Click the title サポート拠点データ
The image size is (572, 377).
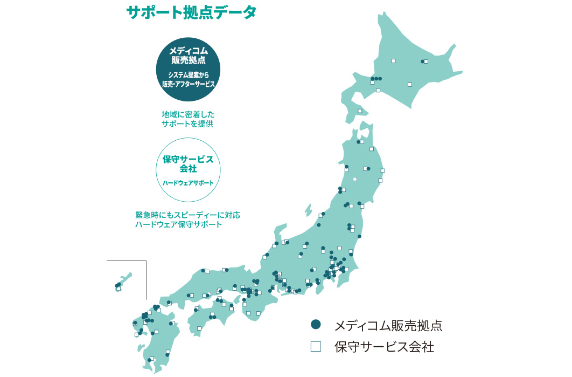(191, 12)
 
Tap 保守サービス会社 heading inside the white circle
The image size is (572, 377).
(188, 164)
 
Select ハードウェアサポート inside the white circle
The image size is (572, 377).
(188, 183)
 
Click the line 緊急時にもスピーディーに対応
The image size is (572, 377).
(188, 215)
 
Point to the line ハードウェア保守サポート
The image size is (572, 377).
(178, 224)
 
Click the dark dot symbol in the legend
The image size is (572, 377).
(316, 324)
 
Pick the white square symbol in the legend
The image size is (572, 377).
(316, 346)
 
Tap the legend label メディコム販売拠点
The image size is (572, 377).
(388, 325)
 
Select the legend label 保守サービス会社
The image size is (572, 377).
(384, 347)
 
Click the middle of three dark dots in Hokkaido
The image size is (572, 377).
(376, 79)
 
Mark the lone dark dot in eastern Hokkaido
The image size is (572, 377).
(422, 61)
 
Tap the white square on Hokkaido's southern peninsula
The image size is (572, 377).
(360, 111)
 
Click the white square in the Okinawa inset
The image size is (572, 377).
(118, 289)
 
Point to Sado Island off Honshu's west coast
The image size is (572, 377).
(308, 210)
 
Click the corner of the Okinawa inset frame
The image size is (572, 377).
(146, 261)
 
